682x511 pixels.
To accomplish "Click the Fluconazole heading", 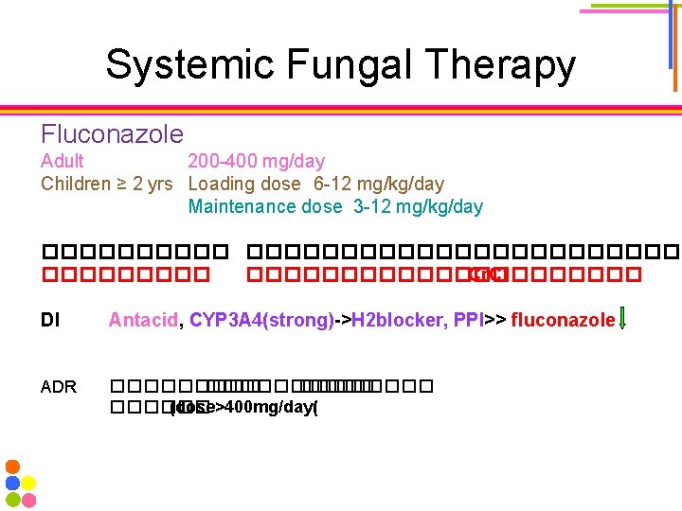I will pos(112,134).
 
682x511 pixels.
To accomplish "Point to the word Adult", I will pos(63,161).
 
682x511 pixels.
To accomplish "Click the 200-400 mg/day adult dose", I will pos(256,161).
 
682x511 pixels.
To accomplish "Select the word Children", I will pos(76,184).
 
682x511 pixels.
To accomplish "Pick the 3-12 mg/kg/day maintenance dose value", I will pos(418,206).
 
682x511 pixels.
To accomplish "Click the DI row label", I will pos(49,321).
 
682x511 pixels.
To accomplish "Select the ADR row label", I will pos(58,386).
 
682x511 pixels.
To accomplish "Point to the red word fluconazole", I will pos(563,321).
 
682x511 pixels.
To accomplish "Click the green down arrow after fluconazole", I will pos(622,321).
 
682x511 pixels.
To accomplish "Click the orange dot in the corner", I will pos(12,467).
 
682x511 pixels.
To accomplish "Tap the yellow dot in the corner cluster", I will pos(29,483).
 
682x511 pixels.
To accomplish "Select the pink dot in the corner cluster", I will pos(29,499).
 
